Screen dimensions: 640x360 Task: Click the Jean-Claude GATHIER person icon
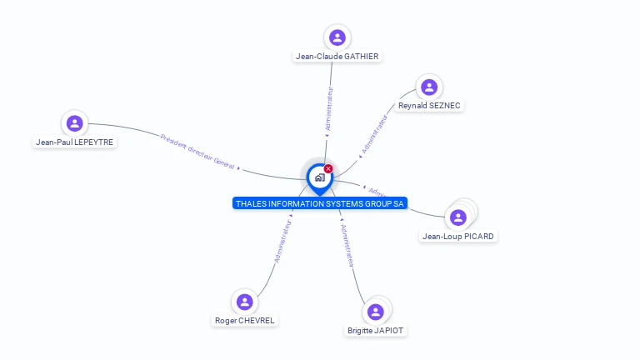(337, 37)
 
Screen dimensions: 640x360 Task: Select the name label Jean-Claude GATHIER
(337, 57)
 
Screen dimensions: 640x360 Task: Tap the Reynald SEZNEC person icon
(429, 87)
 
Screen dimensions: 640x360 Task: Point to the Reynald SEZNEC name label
(429, 106)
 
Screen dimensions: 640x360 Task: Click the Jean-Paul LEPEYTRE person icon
(75, 123)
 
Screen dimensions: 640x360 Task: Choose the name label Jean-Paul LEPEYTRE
(75, 142)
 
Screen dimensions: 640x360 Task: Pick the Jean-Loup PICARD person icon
(457, 217)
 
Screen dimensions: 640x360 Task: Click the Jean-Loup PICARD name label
(458, 237)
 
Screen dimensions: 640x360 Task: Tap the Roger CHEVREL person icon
(244, 302)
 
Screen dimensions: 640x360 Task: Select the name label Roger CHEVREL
(244, 321)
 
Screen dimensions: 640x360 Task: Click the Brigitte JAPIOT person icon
(376, 312)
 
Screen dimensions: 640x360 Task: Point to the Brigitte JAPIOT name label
(377, 331)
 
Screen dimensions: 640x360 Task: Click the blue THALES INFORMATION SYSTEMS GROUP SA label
(320, 203)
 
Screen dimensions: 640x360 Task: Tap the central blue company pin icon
(319, 177)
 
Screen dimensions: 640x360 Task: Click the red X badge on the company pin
(328, 169)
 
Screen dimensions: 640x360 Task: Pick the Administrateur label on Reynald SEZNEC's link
(375, 135)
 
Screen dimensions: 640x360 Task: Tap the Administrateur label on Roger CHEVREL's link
(283, 241)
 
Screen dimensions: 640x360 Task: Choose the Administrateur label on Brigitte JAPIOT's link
(349, 246)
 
